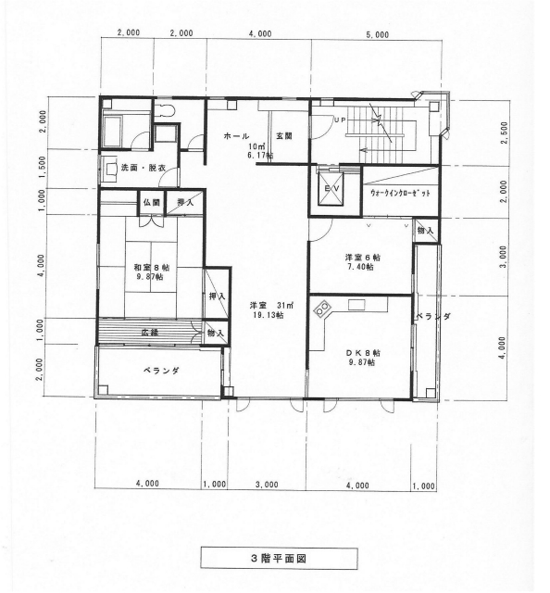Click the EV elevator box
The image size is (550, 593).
331,188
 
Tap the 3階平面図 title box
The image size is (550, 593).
279,559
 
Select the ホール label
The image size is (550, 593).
236,136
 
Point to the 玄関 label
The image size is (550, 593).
284,136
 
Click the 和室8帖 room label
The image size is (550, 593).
151,268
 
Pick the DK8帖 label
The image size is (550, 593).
363,353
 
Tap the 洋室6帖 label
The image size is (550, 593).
362,258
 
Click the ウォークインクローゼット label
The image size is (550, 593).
400,193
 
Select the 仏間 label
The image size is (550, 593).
152,203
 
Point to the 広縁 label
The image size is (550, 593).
150,333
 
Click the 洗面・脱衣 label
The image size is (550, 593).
144,168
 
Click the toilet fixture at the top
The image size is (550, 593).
165,109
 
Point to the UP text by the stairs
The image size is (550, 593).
340,120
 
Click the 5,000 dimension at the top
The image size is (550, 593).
377,35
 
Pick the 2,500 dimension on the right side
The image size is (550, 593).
503,133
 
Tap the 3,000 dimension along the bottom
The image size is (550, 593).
267,485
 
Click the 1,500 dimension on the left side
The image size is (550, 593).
43,167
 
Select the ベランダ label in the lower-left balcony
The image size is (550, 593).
161,371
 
